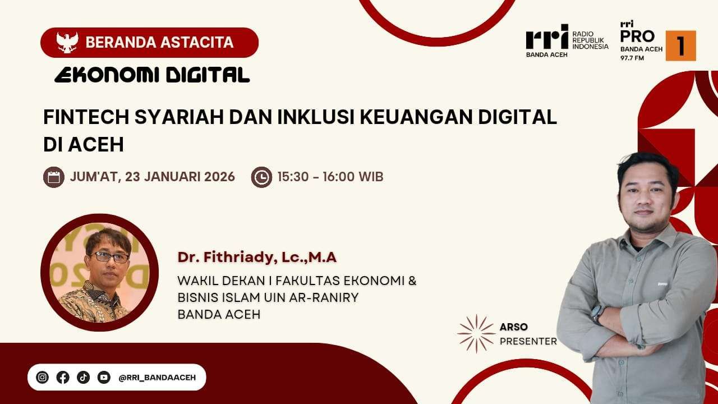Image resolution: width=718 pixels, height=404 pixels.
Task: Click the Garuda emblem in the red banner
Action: [x=67, y=42]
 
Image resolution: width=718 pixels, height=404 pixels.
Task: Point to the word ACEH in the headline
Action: [x=96, y=145]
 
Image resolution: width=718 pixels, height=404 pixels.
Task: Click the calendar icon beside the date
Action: [x=54, y=177]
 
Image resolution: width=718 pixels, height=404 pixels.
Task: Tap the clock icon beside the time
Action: [x=261, y=177]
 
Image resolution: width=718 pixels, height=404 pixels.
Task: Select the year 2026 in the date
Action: [x=219, y=177]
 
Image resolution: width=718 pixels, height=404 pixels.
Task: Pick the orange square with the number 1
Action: [x=681, y=45]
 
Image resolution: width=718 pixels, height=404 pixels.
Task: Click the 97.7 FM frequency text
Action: [x=632, y=58]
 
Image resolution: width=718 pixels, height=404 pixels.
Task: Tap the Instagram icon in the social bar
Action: [x=42, y=378]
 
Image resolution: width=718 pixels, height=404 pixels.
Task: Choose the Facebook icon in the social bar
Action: [x=63, y=378]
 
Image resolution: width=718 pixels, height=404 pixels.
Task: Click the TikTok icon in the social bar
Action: [x=84, y=378]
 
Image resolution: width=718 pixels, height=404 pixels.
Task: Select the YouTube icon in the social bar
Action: [x=104, y=378]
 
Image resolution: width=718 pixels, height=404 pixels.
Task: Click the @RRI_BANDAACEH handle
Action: [x=157, y=378]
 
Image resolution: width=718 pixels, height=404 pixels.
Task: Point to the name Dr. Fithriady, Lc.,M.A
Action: [x=257, y=258]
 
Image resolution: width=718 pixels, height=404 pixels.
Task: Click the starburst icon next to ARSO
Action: [x=476, y=333]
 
